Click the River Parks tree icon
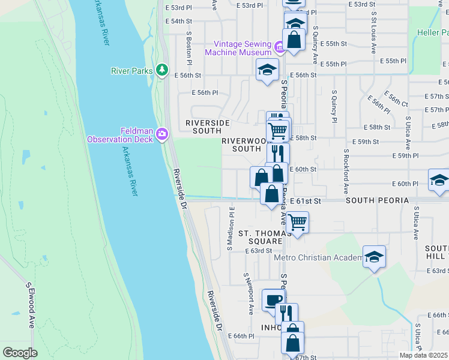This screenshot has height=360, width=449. click(161, 71)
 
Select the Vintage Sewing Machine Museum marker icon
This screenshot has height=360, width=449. click(279, 47)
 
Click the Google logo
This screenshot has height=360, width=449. click(20, 352)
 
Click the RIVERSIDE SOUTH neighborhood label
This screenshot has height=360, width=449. click(208, 127)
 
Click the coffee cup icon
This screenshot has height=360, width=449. click(274, 300)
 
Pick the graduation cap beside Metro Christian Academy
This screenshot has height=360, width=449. click(374, 257)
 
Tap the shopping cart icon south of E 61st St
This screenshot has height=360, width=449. click(297, 222)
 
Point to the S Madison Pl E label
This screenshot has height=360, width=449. click(230, 229)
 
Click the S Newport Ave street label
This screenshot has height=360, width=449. click(249, 293)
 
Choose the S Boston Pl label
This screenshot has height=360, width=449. click(188, 48)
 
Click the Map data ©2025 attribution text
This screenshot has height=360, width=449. click(423, 355)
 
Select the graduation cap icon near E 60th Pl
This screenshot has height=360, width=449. click(439, 180)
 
